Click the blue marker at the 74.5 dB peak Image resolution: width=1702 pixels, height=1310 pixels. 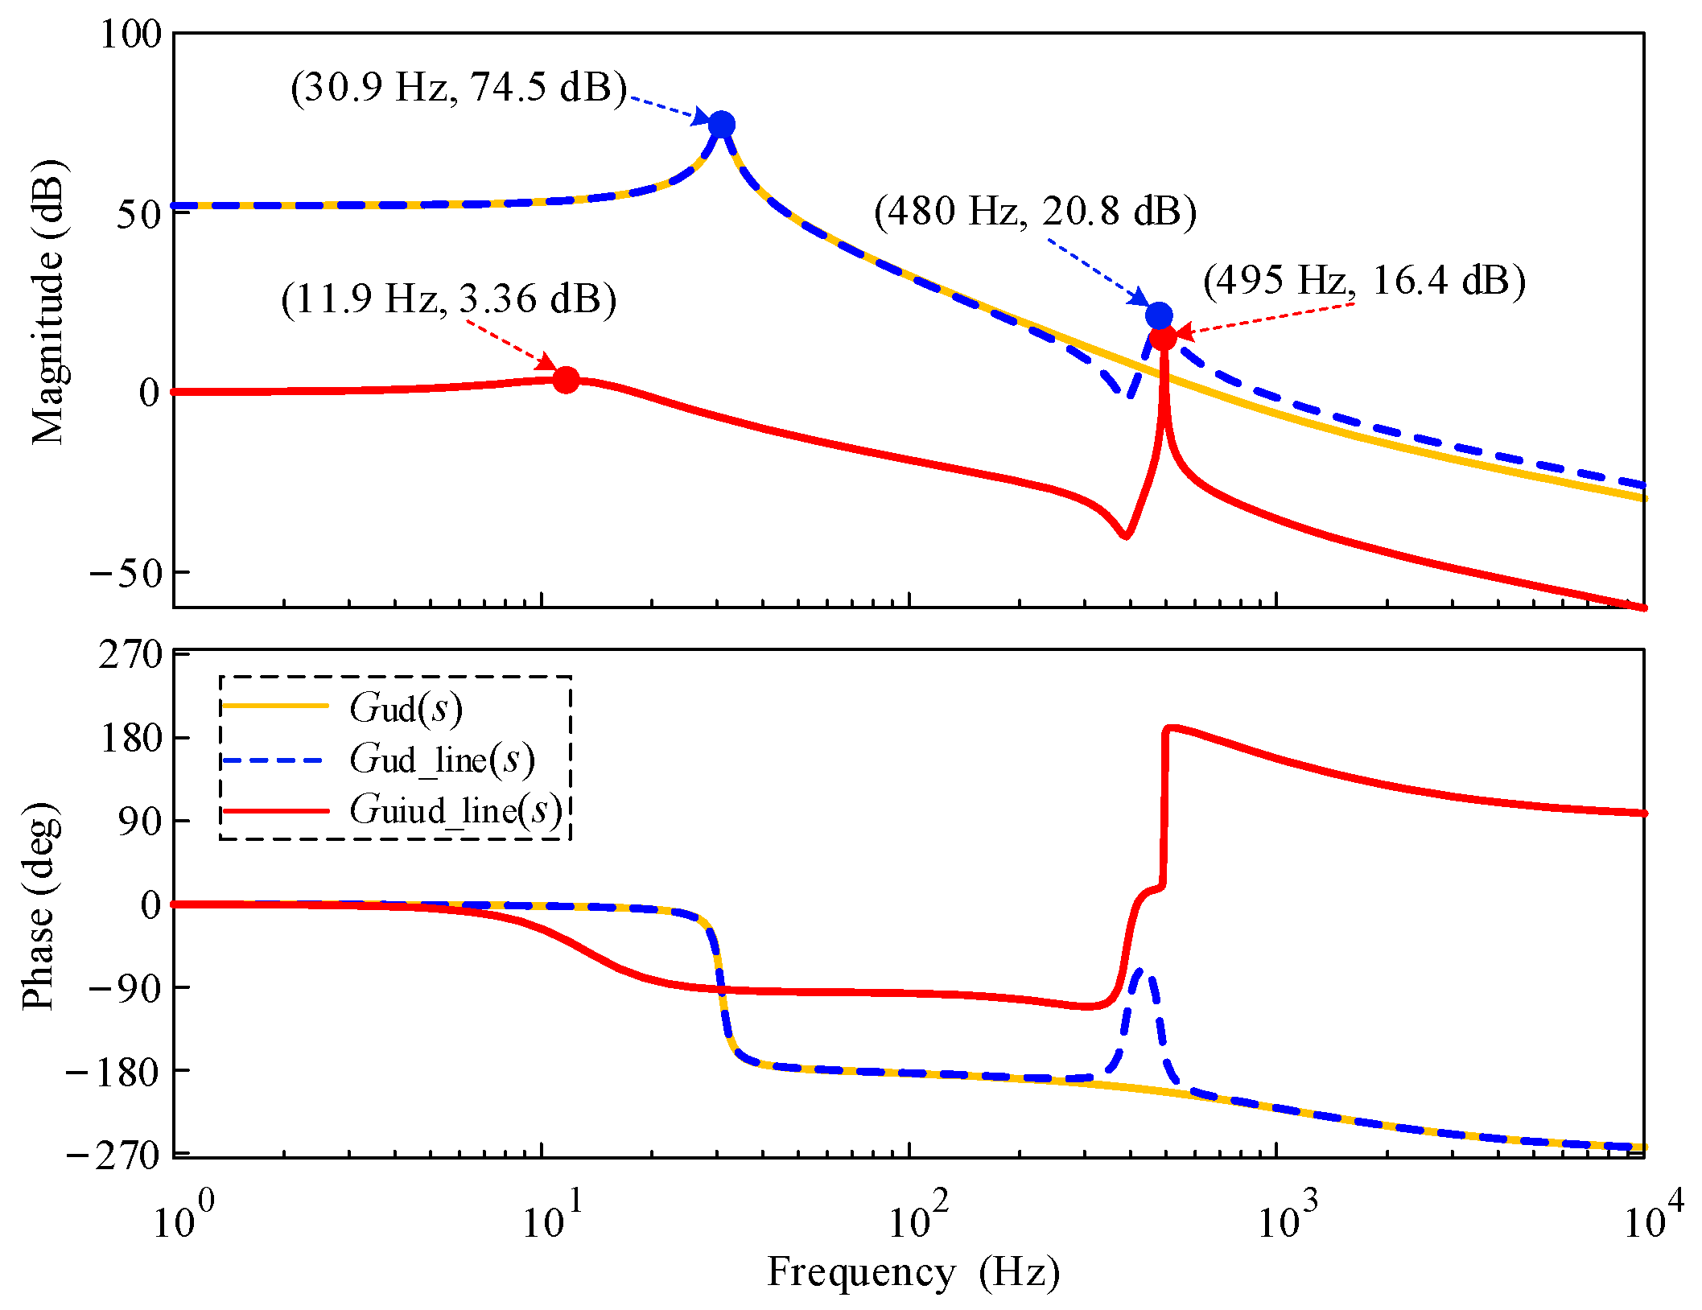coord(721,125)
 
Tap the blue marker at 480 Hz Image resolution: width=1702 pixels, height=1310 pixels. coord(1159,315)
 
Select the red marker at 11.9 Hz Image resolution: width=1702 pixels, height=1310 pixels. coord(566,380)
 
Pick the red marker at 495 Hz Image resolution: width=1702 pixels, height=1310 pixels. coord(1163,337)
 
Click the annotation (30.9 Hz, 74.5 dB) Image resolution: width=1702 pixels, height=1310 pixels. coord(459,87)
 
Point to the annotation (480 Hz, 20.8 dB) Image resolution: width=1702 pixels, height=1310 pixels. coord(1036,212)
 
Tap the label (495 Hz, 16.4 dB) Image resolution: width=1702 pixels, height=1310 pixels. coord(1364,281)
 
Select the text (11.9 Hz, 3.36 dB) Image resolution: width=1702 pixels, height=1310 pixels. coord(449,299)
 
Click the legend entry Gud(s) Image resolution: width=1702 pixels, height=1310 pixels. coord(406,708)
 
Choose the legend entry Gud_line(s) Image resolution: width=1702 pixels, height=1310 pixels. coord(441,759)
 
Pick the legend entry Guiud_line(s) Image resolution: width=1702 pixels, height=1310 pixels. coord(455,810)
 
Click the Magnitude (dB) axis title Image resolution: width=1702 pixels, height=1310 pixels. coord(48,302)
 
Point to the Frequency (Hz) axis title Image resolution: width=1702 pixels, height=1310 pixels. coord(913,1273)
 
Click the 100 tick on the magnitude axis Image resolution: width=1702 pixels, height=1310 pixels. coord(130,35)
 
